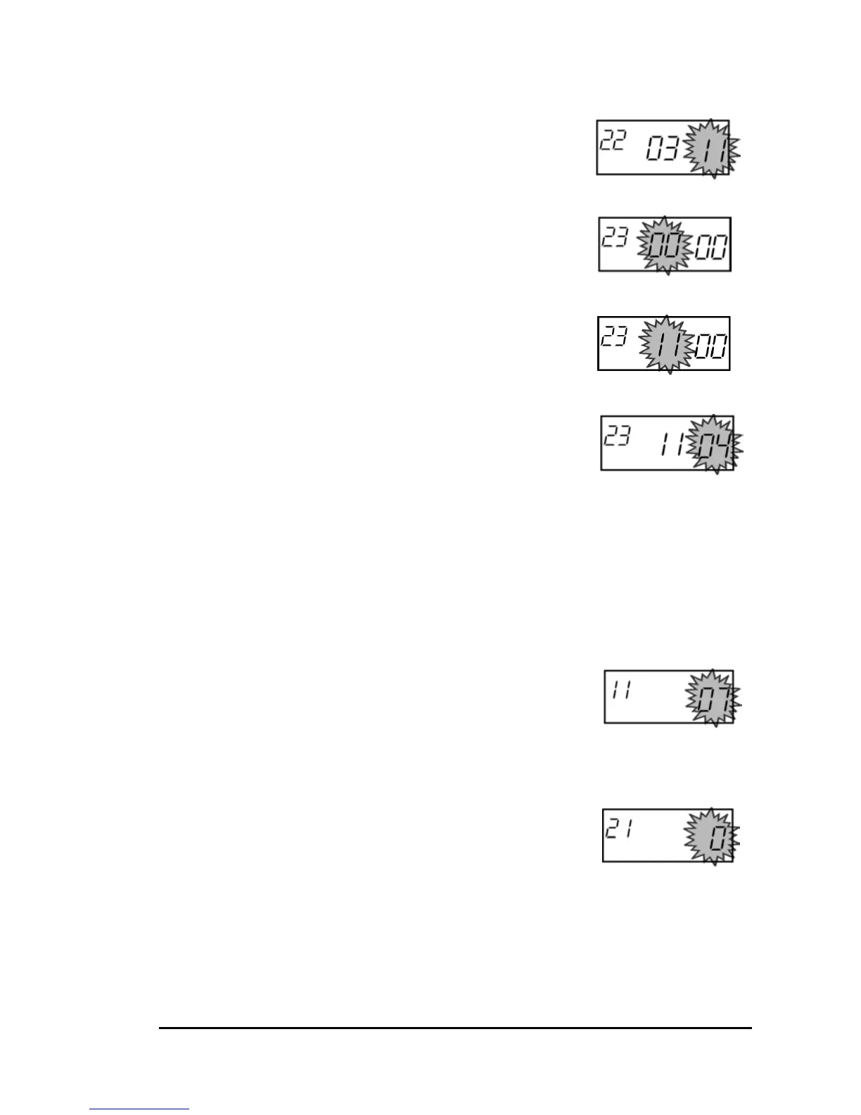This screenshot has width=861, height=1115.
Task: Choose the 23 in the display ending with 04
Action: point(616,437)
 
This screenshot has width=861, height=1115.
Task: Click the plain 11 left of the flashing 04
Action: point(671,445)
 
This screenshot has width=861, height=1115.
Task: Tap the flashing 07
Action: point(715,699)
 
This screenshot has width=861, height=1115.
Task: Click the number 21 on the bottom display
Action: point(619,829)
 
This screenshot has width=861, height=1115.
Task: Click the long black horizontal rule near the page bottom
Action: point(455,1028)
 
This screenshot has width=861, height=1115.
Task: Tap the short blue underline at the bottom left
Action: point(139,1109)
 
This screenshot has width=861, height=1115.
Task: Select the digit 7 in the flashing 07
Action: point(724,699)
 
